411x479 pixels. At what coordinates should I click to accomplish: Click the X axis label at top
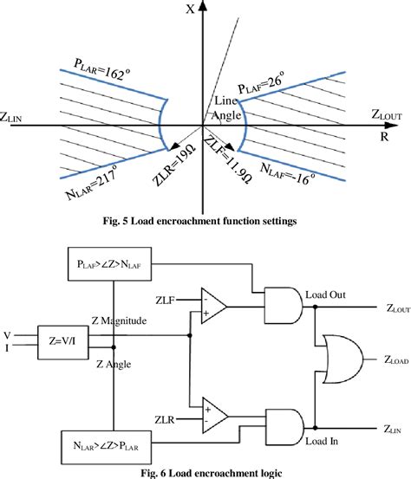pyautogui.click(x=203, y=10)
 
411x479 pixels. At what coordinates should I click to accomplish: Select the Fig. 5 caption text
pyautogui.click(x=205, y=222)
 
